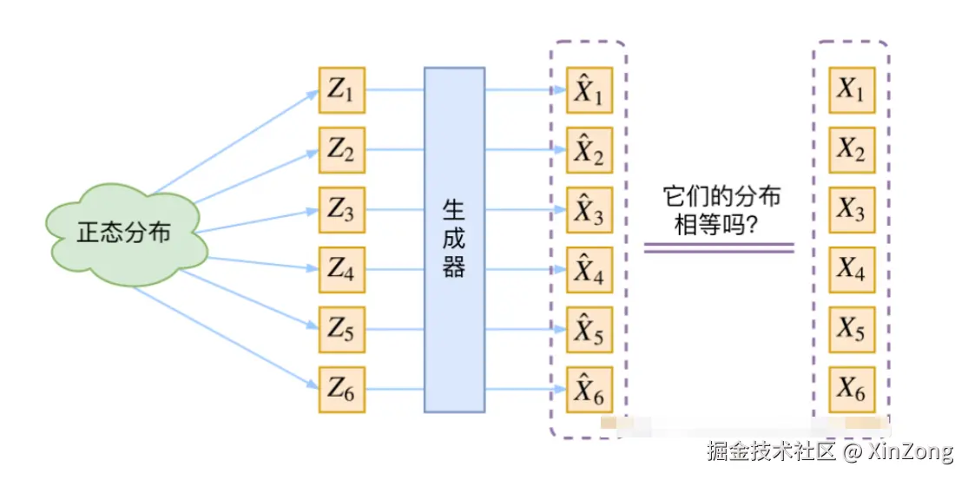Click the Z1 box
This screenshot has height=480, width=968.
(x=342, y=90)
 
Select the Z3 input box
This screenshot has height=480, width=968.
(x=342, y=210)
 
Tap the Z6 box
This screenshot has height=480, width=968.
(x=342, y=390)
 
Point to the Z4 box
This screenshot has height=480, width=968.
(x=342, y=270)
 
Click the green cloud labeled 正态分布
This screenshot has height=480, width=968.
(x=127, y=233)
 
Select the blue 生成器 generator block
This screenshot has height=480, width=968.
(x=454, y=240)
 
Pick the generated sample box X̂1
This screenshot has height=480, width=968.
(x=589, y=90)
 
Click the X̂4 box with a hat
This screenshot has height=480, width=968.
(x=589, y=270)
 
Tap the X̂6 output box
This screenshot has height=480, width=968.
(x=589, y=390)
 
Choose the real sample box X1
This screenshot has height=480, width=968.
(x=851, y=90)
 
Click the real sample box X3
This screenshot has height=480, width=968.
(x=851, y=210)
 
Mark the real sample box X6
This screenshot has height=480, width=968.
(x=851, y=390)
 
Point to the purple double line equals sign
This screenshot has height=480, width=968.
(x=719, y=247)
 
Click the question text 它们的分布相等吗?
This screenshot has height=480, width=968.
(x=719, y=211)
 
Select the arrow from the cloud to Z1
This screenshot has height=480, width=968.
(x=234, y=142)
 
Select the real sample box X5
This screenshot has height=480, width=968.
(x=851, y=330)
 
